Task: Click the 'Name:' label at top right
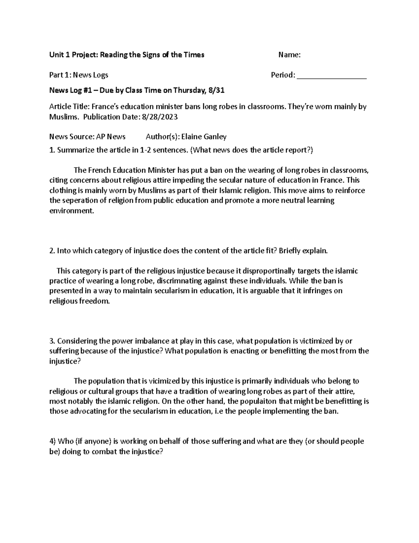pos(289,55)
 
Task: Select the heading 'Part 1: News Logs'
pos(79,75)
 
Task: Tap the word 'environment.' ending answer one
pos(72,211)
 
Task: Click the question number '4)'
pos(52,441)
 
